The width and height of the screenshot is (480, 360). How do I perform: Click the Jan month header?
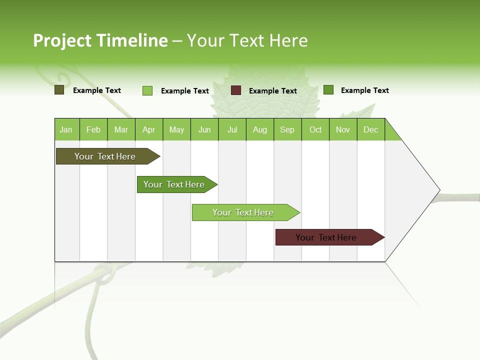[66, 129]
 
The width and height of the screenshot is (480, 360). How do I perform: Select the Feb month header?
[93, 129]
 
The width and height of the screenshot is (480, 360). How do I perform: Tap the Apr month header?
[149, 129]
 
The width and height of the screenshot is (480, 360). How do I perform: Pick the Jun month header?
[204, 129]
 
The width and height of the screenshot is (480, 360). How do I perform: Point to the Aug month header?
[260, 129]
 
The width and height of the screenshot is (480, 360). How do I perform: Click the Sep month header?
[287, 129]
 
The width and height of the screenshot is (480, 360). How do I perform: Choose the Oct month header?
[315, 129]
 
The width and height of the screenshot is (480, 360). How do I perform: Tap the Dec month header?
[371, 129]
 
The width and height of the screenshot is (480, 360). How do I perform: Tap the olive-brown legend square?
[59, 90]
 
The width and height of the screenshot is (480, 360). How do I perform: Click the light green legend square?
[147, 90]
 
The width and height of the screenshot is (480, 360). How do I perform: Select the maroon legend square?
[236, 90]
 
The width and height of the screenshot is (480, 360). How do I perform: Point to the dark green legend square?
[328, 90]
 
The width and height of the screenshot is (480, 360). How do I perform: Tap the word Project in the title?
[62, 40]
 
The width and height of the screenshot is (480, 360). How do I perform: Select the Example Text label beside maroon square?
[273, 91]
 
